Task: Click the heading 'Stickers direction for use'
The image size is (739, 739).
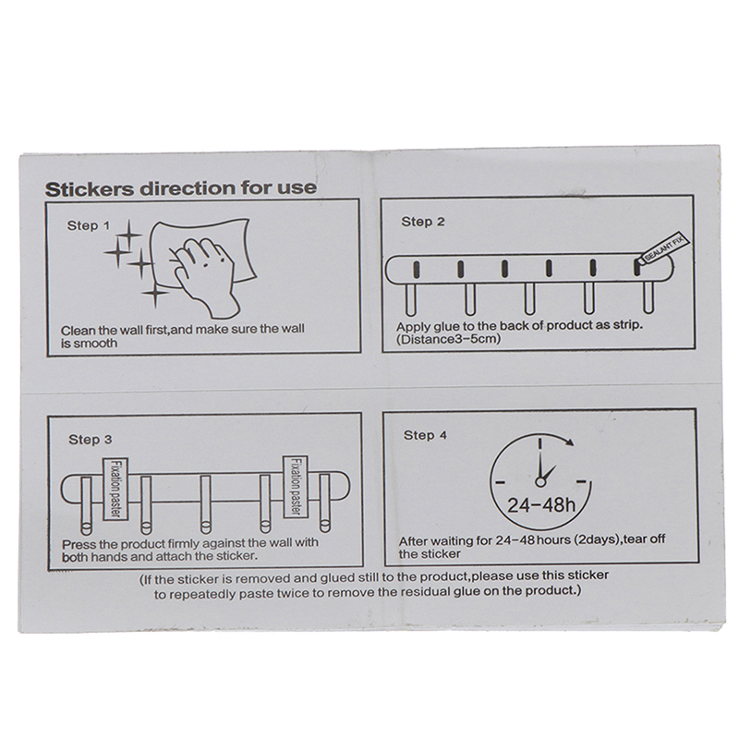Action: click(x=180, y=188)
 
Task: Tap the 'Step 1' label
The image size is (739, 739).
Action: click(x=88, y=225)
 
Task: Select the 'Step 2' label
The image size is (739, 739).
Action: click(x=423, y=222)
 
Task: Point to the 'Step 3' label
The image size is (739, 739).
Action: click(x=90, y=440)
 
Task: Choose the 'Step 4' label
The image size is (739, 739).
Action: click(x=425, y=435)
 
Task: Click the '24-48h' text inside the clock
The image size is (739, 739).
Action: click(x=541, y=505)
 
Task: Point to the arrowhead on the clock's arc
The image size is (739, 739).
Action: click(x=569, y=442)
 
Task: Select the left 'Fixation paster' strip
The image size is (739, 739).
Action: click(x=115, y=489)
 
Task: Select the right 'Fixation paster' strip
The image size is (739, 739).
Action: click(x=296, y=487)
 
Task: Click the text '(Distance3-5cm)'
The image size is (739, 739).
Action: click(x=448, y=339)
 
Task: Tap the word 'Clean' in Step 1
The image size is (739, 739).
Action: click(x=78, y=331)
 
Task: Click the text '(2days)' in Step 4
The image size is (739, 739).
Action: click(x=595, y=539)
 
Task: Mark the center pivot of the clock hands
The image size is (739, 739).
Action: click(x=540, y=482)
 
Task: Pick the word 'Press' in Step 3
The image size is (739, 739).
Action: click(x=79, y=544)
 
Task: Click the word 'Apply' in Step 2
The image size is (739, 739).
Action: click(x=413, y=327)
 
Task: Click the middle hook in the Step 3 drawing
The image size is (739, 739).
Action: click(x=205, y=504)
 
